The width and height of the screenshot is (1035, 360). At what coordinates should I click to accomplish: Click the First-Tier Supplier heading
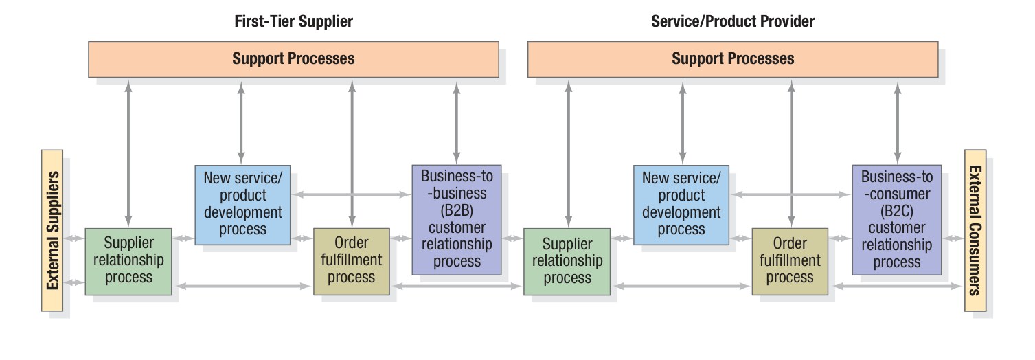tap(293, 21)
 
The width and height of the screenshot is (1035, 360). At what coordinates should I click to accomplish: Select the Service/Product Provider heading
tap(733, 21)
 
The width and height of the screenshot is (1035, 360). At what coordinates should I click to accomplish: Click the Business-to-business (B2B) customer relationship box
tap(457, 218)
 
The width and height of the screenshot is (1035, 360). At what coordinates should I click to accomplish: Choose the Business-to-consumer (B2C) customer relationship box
tap(896, 218)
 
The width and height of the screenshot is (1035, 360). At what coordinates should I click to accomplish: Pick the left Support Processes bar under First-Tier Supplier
tap(293, 58)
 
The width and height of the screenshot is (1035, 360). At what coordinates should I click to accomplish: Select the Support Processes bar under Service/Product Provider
tap(733, 58)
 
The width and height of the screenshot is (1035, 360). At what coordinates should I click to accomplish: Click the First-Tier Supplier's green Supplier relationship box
tap(128, 261)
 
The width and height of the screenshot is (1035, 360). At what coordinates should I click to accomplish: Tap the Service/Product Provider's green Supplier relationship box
tap(567, 261)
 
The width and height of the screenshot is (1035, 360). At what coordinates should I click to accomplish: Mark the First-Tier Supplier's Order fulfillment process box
tap(351, 261)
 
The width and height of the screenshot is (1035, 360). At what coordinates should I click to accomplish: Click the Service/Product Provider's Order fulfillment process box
tap(790, 261)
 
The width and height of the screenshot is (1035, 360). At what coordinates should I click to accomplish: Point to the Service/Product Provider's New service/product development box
tap(681, 204)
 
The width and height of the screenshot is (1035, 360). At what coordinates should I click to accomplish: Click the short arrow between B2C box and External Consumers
tap(952, 238)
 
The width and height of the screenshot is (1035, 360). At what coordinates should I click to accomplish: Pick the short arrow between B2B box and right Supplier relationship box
tap(512, 238)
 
